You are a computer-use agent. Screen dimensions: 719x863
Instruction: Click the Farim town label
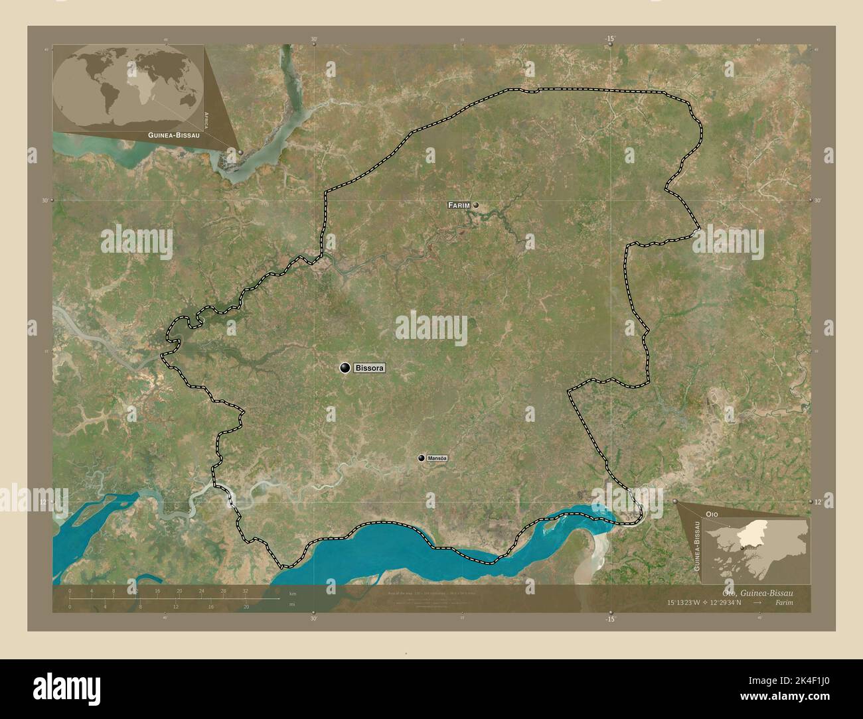(x=459, y=206)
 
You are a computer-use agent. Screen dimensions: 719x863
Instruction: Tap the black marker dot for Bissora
(x=345, y=367)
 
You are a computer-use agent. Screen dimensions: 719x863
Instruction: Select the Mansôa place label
(x=438, y=458)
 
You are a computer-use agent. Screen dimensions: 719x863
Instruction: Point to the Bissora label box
(x=369, y=367)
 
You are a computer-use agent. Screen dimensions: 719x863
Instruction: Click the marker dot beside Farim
(x=476, y=206)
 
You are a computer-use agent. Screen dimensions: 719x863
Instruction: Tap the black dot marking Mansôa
(x=422, y=458)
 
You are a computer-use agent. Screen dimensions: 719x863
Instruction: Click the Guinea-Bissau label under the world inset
(x=169, y=135)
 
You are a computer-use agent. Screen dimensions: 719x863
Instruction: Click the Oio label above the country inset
(x=712, y=514)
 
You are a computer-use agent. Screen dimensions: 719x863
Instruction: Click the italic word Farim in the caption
(x=783, y=603)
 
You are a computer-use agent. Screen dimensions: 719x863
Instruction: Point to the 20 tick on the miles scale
(x=246, y=606)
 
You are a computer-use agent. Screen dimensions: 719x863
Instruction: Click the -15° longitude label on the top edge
(x=610, y=38)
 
